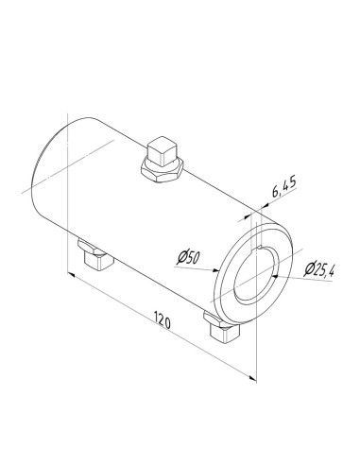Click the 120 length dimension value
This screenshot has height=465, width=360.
(162, 324)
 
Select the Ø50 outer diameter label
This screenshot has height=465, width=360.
(190, 256)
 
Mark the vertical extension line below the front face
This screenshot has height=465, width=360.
(256, 350)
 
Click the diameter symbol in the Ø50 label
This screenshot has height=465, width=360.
(181, 256)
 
